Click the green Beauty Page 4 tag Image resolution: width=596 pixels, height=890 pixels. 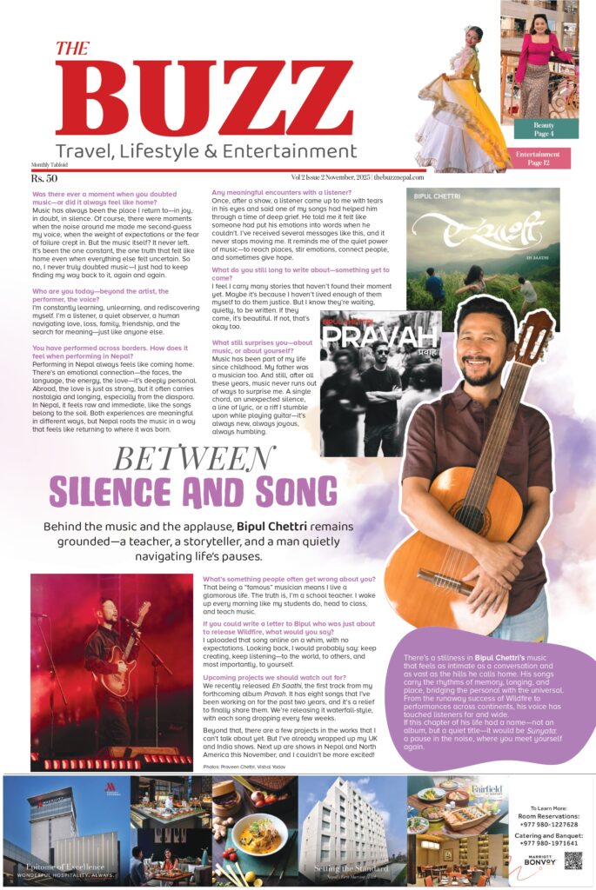[x=545, y=130]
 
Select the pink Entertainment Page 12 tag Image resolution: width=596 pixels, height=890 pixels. [x=537, y=158]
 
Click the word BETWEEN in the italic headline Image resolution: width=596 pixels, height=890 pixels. [x=194, y=458]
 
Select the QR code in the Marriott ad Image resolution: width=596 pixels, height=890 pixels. [x=573, y=860]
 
